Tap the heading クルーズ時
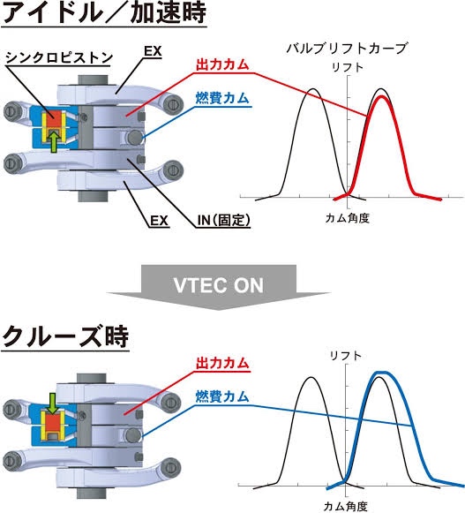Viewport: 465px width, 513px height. pos(65,336)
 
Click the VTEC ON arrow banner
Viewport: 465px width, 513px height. pos(219,286)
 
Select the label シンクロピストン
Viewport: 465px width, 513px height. pos(59,57)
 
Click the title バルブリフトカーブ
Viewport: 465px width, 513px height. pos(346,49)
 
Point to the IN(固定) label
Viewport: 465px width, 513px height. pos(223,220)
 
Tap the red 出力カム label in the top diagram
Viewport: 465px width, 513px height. pos(222,64)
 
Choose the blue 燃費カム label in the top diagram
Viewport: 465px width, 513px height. pos(222,98)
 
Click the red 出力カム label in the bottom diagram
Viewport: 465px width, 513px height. pos(222,364)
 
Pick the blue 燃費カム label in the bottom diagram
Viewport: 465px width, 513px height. pos(222,396)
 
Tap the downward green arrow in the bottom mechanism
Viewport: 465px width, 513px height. pos(52,404)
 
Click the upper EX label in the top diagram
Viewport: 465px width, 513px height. pos(153,52)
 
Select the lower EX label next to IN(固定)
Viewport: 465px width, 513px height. pos(159,221)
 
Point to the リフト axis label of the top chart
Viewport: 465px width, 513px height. pos(348,67)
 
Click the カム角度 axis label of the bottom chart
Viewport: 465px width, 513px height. pos(345,507)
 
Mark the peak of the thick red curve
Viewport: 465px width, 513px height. pos(381,96)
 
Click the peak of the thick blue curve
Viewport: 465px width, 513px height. pos(382,373)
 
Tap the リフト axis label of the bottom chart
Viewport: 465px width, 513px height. pos(345,356)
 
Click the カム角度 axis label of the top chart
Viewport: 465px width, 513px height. pos(347,218)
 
